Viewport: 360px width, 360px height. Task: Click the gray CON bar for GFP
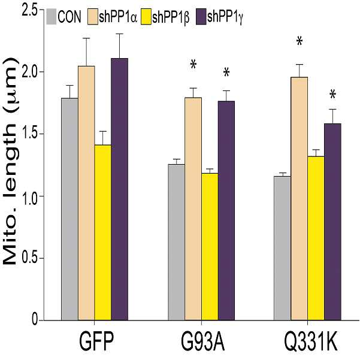tap(70, 209)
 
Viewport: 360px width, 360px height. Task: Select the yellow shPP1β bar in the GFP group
tap(103, 232)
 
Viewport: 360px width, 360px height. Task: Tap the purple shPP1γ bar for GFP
tap(120, 189)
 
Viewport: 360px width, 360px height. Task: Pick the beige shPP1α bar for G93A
tap(193, 209)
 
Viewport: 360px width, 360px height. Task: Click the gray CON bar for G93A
tap(176, 242)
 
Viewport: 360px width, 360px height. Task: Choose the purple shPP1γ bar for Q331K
tap(332, 222)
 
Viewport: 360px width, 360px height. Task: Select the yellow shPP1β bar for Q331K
tap(316, 238)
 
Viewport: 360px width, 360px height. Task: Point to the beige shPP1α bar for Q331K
tap(299, 199)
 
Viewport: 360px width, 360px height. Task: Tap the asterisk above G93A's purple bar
tap(226, 73)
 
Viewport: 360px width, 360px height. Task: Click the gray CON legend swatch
tap(51, 17)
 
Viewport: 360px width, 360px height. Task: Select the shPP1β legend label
tap(171, 17)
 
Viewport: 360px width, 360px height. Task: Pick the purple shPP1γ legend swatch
tap(201, 17)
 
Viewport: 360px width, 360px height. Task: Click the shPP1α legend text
tap(118, 17)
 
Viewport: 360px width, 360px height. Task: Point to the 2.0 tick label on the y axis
tap(29, 72)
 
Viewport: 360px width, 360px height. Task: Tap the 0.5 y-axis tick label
tap(29, 258)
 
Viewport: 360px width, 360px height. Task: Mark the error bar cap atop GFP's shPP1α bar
tap(86, 38)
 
